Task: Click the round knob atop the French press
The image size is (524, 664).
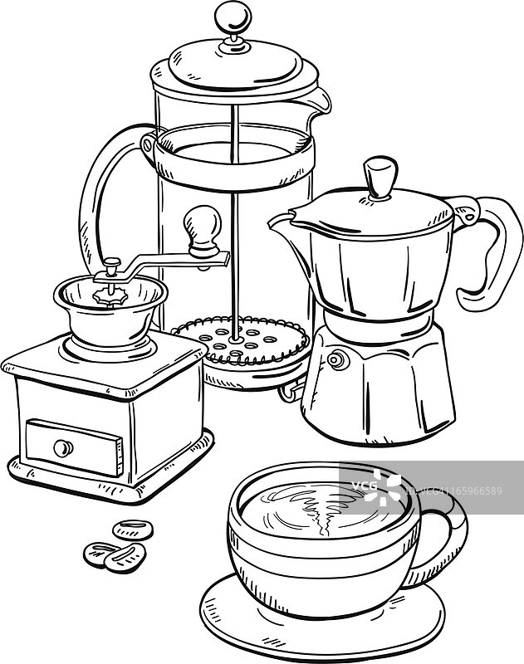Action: [233, 18]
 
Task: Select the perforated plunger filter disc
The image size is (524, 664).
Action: [241, 340]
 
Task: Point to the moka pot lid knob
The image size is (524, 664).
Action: [380, 178]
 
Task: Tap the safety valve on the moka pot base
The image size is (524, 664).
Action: [338, 360]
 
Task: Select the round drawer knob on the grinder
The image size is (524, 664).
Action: [63, 448]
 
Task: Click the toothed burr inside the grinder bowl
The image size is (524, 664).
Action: [110, 296]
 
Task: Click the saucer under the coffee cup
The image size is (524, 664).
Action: [323, 622]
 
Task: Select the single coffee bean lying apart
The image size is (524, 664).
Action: [133, 530]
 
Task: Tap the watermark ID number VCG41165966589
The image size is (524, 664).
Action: [454, 491]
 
